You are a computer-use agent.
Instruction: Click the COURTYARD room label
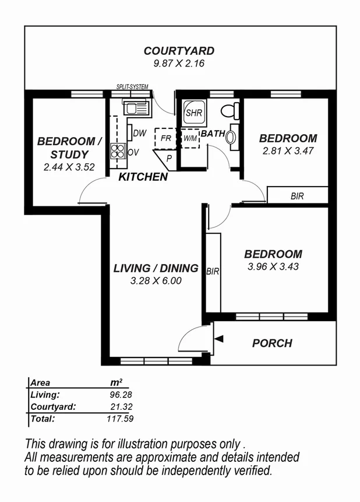[x=179, y=51]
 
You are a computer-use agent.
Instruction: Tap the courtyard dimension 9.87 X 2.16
[x=179, y=64]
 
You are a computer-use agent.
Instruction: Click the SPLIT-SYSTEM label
[x=133, y=87]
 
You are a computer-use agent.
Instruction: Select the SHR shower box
[x=193, y=113]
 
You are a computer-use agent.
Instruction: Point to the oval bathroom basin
[x=231, y=137]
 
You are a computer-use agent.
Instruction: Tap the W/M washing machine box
[x=190, y=139]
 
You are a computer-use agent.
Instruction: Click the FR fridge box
[x=165, y=139]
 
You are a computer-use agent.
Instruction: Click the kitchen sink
[x=135, y=107]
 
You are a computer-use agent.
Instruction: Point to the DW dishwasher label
[x=139, y=134]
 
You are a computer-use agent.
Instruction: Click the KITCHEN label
[x=143, y=177]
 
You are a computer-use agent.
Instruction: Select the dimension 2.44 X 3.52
[x=65, y=167]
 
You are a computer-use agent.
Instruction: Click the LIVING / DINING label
[x=156, y=269]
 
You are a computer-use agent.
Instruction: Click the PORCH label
[x=272, y=343]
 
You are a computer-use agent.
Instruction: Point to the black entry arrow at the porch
[x=218, y=339]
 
